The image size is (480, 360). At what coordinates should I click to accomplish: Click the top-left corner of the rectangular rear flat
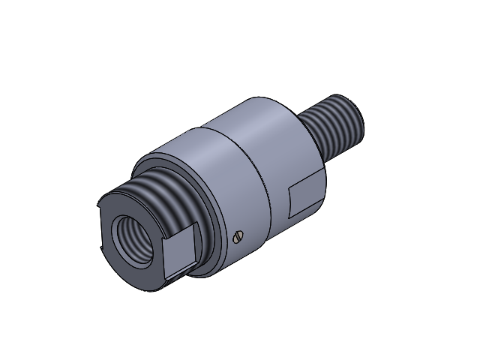coord(290,188)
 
